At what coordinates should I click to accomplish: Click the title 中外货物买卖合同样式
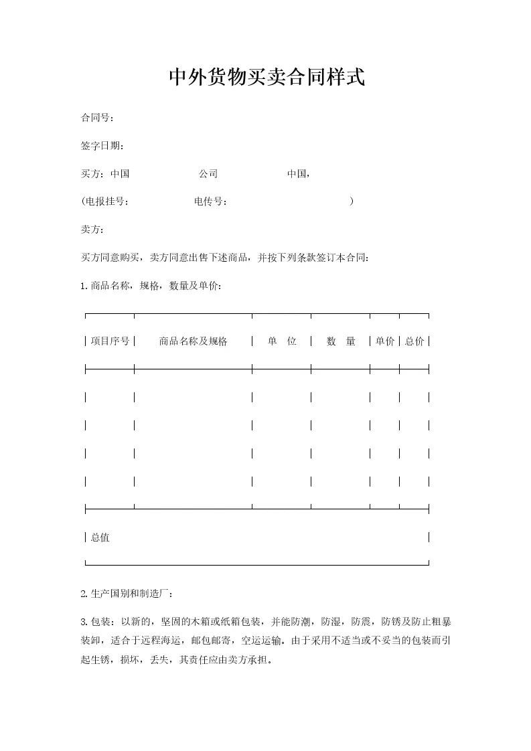(266, 77)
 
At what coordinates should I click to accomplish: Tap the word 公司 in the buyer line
(208, 174)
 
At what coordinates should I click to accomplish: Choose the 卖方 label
(90, 230)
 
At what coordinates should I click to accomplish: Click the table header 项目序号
(110, 341)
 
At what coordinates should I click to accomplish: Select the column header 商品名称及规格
(193, 341)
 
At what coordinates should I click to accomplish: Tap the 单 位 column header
(282, 341)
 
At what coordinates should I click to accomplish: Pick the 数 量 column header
(341, 341)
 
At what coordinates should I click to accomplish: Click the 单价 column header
(384, 341)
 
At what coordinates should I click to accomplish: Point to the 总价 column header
(414, 341)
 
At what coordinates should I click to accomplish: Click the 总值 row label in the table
(100, 537)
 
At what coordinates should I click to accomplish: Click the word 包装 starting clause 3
(100, 622)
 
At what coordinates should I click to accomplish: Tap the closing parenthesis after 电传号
(352, 201)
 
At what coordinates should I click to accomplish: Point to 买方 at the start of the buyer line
(90, 174)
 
